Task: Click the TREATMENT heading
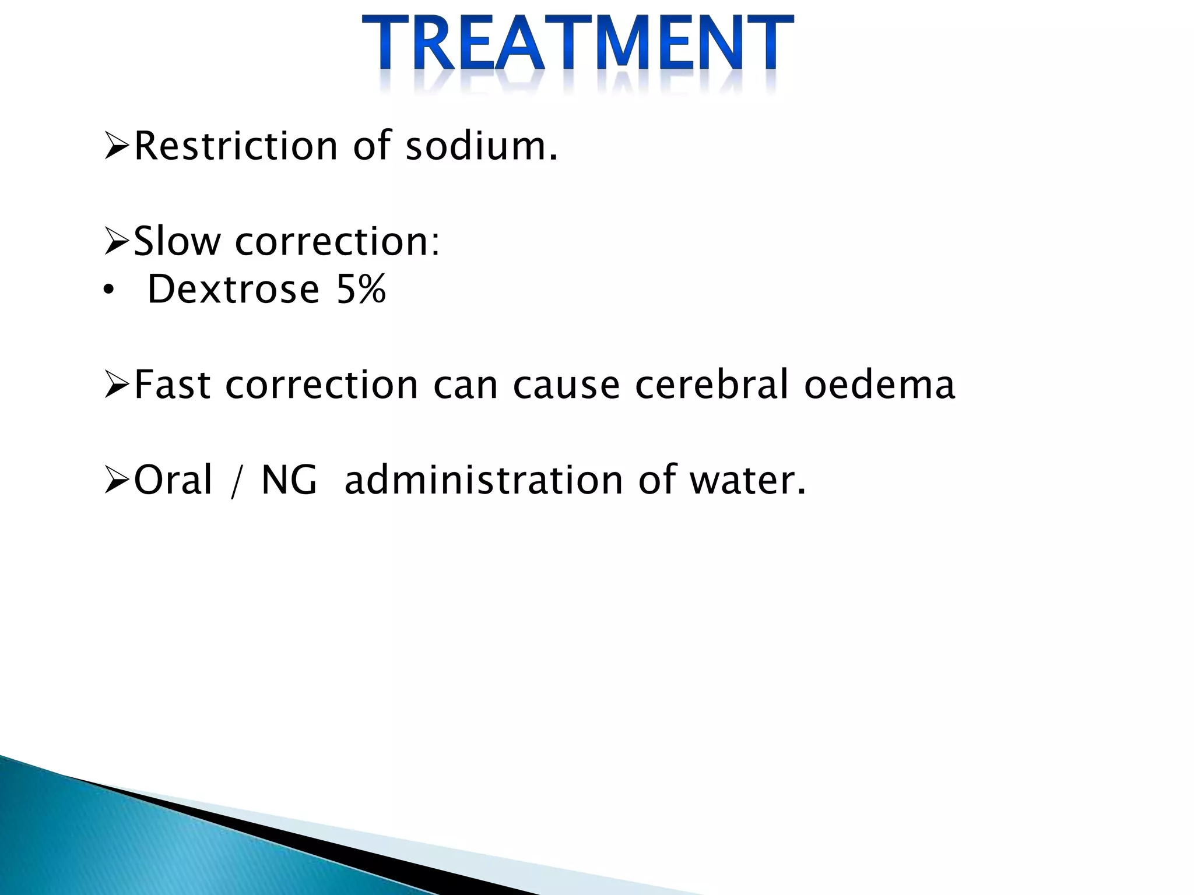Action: coord(577,44)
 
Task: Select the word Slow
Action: coord(177,241)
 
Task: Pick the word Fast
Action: coord(173,385)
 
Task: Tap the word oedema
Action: coord(880,385)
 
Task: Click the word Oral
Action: coord(173,480)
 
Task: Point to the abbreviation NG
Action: coord(289,480)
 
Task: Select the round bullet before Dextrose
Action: coord(107,290)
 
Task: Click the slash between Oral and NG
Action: coord(236,482)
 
